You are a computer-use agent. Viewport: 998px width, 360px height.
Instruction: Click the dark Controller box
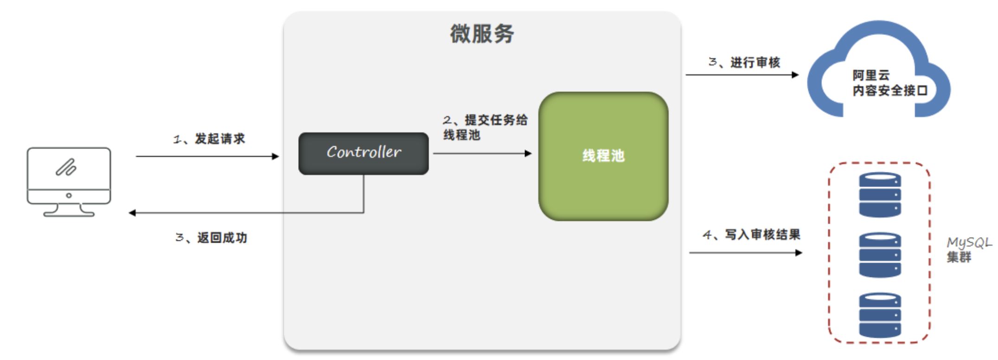click(x=364, y=154)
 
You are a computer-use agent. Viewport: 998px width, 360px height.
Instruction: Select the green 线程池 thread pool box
click(x=603, y=156)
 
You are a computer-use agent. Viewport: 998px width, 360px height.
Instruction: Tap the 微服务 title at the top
click(x=482, y=34)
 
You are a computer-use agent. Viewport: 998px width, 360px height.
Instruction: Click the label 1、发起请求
click(x=209, y=139)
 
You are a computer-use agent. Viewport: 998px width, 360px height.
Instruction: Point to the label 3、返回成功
click(x=211, y=238)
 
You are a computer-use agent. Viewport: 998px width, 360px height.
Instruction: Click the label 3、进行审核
click(x=744, y=63)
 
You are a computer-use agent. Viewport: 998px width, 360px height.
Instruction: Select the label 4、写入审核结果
click(x=751, y=235)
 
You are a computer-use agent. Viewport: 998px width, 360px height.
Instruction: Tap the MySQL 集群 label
click(x=968, y=250)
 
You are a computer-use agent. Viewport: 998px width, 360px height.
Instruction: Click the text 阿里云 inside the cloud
click(x=870, y=75)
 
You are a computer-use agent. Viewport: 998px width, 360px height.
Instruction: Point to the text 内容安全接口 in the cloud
click(x=889, y=90)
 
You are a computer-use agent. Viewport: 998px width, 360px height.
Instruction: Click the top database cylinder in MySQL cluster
click(x=880, y=194)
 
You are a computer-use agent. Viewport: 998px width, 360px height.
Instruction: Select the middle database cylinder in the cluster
click(x=880, y=255)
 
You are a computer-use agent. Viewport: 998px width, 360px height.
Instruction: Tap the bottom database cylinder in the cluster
click(x=880, y=315)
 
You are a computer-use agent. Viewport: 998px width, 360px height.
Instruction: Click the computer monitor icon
click(x=69, y=181)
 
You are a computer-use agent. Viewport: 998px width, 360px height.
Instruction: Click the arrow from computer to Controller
click(x=207, y=156)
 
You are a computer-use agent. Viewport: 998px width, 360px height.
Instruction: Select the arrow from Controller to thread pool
click(x=482, y=154)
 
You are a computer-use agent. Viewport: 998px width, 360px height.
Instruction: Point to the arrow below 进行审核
click(x=742, y=75)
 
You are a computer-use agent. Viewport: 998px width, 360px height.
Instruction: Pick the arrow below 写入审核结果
click(x=745, y=253)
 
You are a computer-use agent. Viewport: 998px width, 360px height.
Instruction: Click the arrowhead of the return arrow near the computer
click(x=132, y=213)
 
